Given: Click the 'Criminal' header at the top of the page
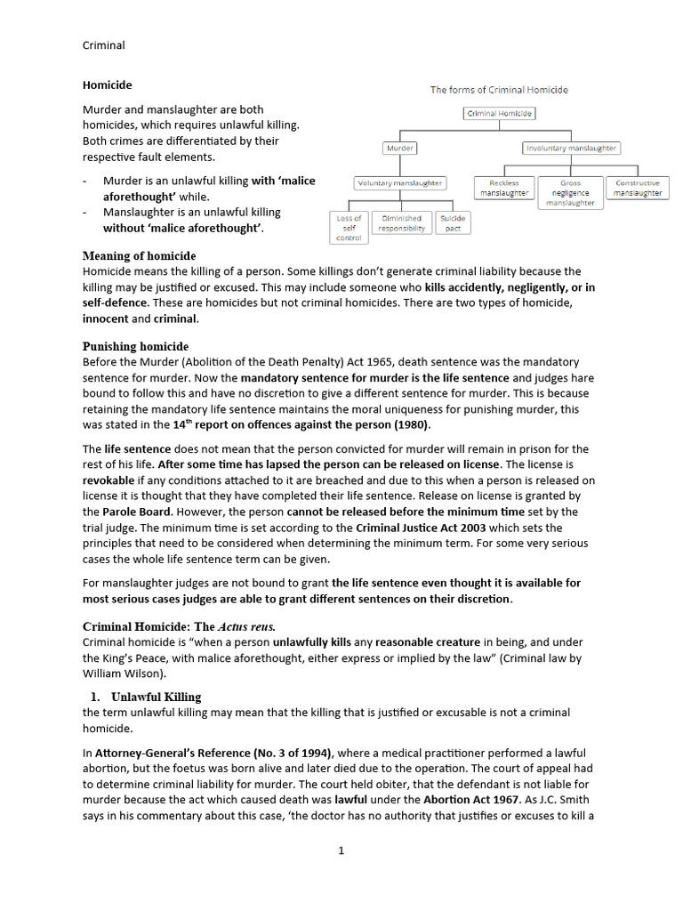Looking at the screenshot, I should coord(103,45).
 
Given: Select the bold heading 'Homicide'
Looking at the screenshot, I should coord(107,85).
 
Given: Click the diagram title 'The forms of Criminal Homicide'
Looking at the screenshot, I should coord(499,90).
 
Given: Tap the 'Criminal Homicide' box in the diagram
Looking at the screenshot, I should coord(500,114).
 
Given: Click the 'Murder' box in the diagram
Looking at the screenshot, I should coord(400,149).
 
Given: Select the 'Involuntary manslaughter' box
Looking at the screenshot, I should coord(570,149).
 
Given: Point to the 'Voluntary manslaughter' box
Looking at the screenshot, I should coord(399,183).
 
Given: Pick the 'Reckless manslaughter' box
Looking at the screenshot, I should coord(503,188).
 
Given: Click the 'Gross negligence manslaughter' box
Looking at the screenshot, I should coord(570,193).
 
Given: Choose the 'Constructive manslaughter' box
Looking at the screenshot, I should coord(638,188).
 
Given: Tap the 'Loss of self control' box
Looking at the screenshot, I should coord(349,228).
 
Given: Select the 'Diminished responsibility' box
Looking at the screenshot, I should coord(401,222).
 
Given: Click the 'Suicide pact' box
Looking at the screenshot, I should coord(453,222).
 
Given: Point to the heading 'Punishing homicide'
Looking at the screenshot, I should coord(135,346).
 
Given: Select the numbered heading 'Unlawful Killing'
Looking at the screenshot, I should coord(156,697).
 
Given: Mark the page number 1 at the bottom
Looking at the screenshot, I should coord(341,851).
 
